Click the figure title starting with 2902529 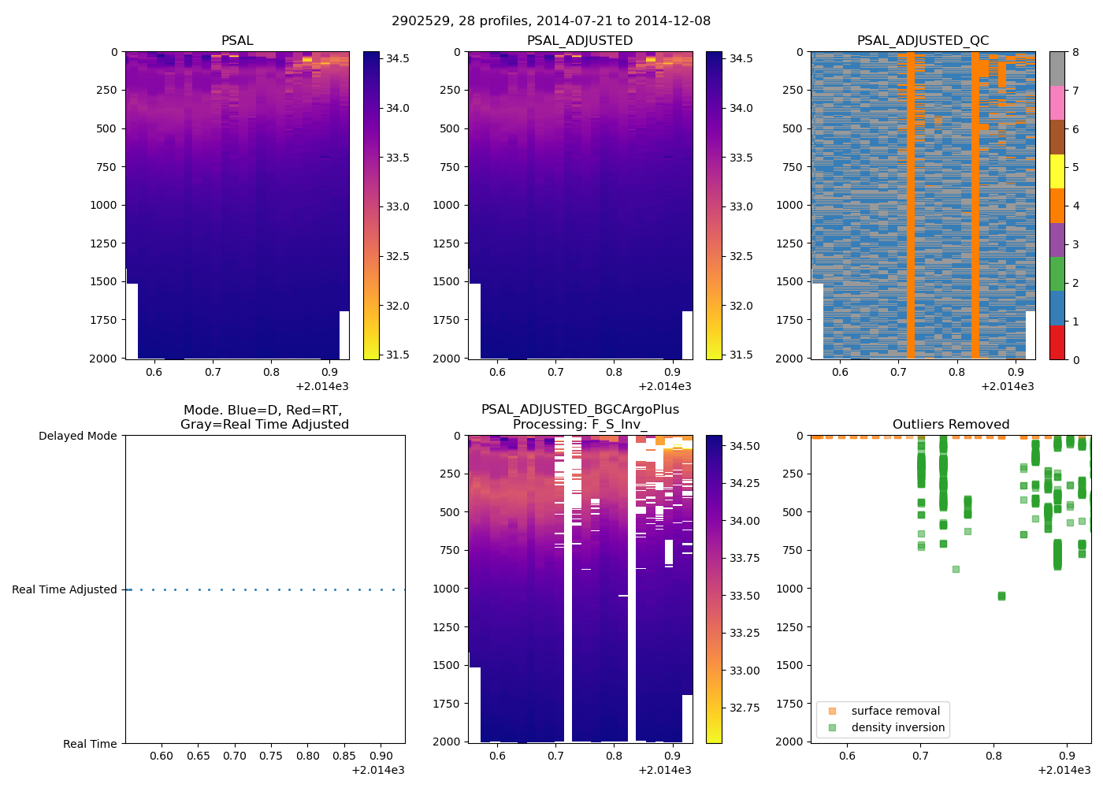551,20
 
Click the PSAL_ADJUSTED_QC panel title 923,40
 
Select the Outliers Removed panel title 950,424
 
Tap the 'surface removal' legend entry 895,711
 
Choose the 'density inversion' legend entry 897,727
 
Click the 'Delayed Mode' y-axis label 77,436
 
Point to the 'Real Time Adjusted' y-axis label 64,589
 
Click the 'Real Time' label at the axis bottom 90,744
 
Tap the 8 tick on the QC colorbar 1075,52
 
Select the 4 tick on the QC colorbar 1075,206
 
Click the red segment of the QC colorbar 1057,342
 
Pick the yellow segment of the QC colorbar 1057,171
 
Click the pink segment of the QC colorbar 1057,102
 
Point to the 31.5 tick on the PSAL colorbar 397,355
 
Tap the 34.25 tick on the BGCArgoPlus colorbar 744,483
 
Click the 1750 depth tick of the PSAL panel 102,320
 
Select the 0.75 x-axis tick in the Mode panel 271,756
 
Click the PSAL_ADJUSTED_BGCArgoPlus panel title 580,417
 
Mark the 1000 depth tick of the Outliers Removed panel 789,589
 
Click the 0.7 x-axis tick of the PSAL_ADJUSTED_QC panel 898,372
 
